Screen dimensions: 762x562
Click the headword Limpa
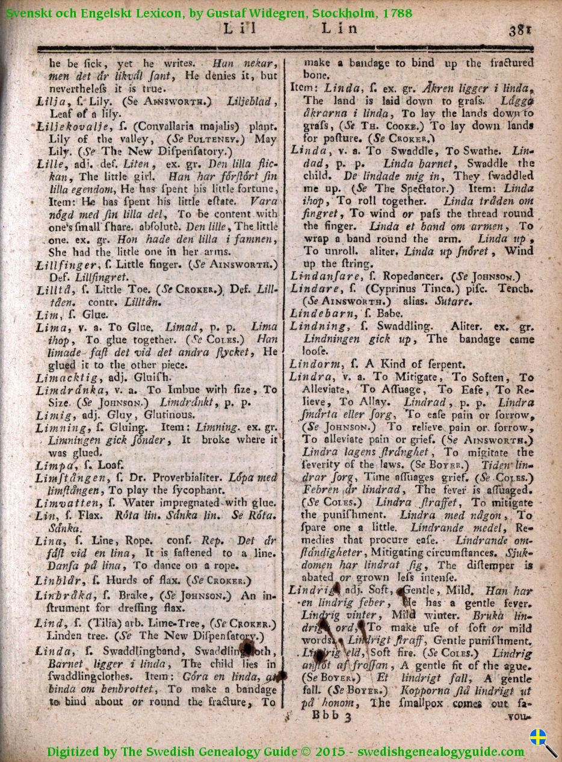pyautogui.click(x=54, y=465)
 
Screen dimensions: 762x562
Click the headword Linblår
pyautogui.click(x=57, y=581)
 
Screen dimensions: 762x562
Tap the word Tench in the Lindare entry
pyautogui.click(x=517, y=289)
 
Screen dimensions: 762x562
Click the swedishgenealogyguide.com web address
pyautogui.click(x=441, y=752)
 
